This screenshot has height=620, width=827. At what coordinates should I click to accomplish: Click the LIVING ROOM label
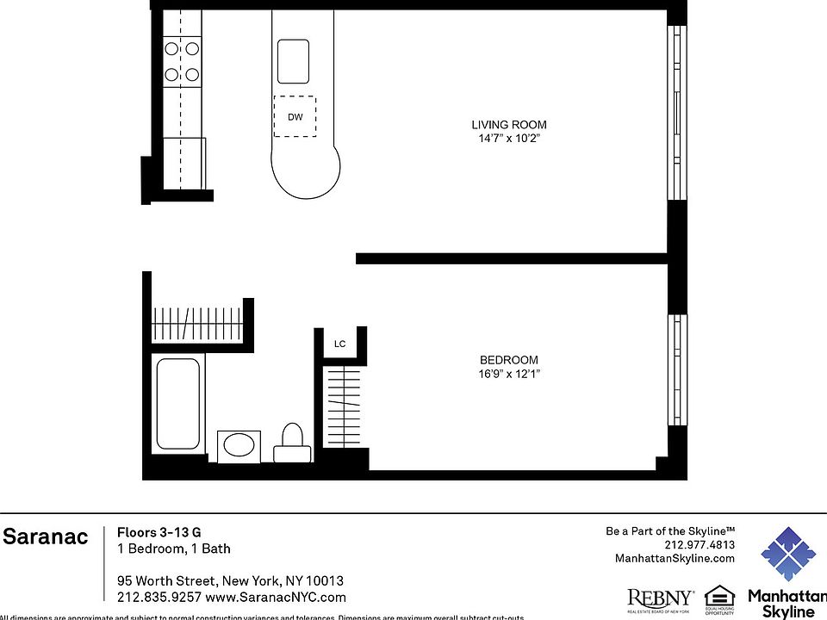point(508,125)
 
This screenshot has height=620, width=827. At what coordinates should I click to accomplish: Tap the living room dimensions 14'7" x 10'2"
point(508,139)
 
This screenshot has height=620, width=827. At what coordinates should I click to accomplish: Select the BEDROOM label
point(508,360)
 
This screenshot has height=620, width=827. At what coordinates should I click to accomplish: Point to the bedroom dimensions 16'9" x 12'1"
point(508,374)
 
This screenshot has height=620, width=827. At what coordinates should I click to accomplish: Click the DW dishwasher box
point(295,116)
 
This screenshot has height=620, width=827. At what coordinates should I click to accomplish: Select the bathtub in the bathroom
point(178,404)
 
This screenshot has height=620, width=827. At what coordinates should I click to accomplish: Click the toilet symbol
point(293,444)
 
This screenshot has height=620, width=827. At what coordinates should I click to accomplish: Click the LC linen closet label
point(339,344)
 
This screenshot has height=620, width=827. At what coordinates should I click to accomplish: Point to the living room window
point(678,113)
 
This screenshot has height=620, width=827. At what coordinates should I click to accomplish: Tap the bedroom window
point(678,370)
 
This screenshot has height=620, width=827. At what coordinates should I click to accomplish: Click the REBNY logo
point(661,598)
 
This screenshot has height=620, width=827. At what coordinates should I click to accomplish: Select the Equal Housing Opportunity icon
point(719,599)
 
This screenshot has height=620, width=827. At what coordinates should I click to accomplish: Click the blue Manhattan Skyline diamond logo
point(787,554)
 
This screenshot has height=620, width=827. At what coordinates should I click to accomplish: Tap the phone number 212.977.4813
point(700,545)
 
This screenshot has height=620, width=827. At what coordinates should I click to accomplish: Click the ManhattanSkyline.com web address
point(675,559)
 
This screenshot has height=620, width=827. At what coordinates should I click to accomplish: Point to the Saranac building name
point(45,537)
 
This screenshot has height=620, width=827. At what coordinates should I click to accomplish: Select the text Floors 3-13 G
point(159,532)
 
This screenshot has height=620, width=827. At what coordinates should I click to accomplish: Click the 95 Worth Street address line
point(230,580)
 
